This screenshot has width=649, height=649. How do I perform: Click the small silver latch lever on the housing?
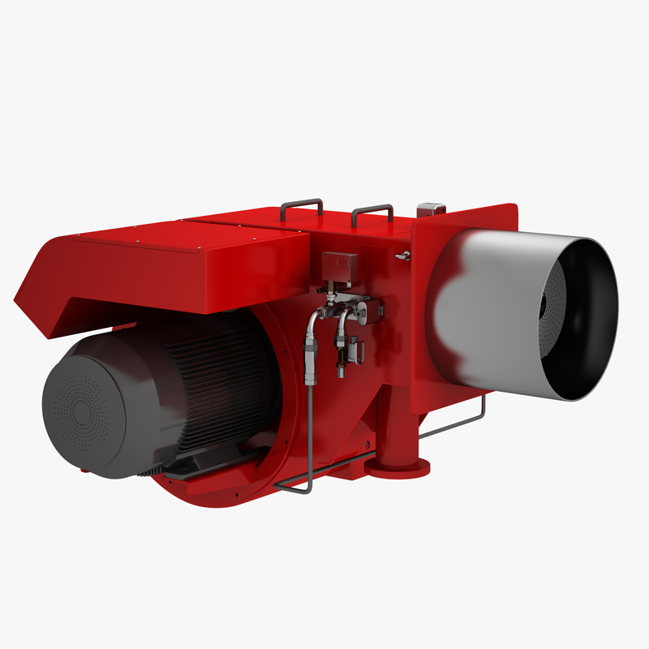tap(402, 256)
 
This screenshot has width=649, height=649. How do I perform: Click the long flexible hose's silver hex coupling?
tap(310, 363)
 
